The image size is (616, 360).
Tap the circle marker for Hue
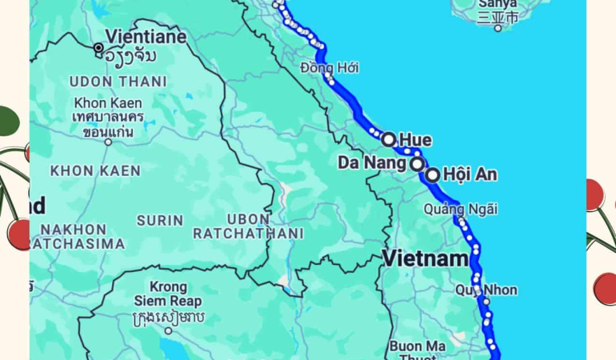point(389,139)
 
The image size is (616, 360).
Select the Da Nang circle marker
point(417,164)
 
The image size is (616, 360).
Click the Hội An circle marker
point(433,175)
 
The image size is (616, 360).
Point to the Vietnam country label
point(425,258)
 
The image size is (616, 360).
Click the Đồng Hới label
point(330,68)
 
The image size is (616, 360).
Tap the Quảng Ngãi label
point(461,209)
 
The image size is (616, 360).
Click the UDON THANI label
point(118,82)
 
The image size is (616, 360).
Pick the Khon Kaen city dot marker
point(108,142)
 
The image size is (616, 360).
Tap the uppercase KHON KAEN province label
point(95,170)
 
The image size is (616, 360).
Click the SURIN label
point(160,219)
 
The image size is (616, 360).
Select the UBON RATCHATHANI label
point(248,226)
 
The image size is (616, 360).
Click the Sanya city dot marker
point(498,28)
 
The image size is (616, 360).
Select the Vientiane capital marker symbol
point(98,48)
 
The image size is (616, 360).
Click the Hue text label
point(416,141)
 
